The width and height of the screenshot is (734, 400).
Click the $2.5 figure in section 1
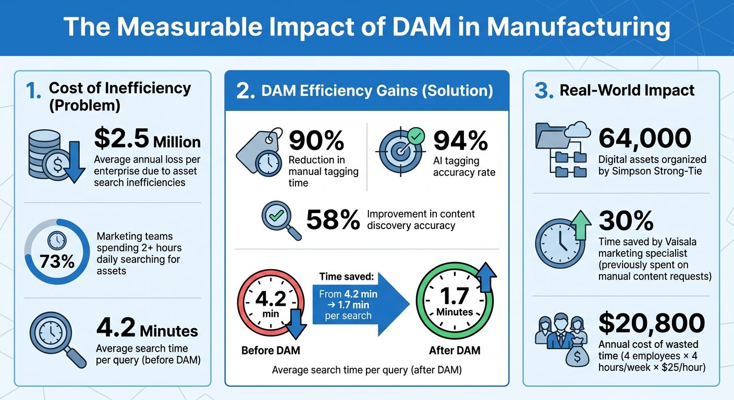(121, 138)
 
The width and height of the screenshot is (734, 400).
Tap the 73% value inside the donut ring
(57, 261)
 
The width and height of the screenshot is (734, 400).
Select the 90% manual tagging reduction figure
(316, 140)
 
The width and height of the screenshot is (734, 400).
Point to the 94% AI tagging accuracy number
(460, 141)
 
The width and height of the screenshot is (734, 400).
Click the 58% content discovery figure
(333, 220)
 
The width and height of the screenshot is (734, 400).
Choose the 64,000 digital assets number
(645, 138)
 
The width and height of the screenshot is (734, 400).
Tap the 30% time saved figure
(626, 221)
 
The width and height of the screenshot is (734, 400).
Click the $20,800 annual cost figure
(652, 323)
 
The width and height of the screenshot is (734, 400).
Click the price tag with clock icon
(260, 152)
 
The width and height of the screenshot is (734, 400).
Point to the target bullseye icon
(400, 151)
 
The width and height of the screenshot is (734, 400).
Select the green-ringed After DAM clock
(455, 301)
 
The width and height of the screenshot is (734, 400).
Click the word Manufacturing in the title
(578, 27)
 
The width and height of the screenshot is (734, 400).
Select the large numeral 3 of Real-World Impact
(544, 91)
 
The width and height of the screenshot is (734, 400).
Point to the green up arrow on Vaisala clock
(580, 224)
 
